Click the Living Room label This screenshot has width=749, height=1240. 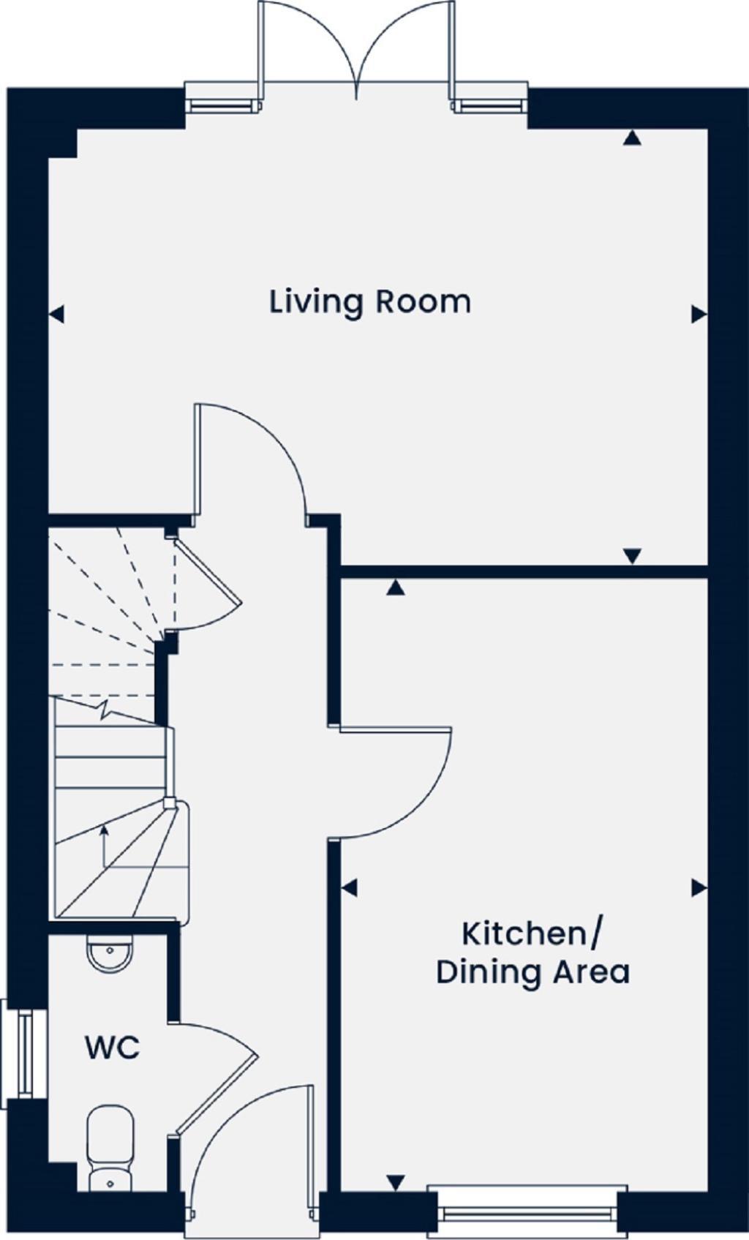tap(370, 302)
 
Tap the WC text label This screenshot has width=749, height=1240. tap(113, 1048)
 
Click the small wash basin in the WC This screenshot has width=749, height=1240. tap(110, 952)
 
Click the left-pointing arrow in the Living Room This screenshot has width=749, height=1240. tap(56, 315)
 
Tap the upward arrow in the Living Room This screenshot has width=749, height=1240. tap(632, 138)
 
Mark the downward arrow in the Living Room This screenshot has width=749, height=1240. tap(632, 556)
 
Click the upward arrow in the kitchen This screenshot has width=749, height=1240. tap(396, 587)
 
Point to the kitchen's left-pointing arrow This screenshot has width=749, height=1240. tap(349, 888)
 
